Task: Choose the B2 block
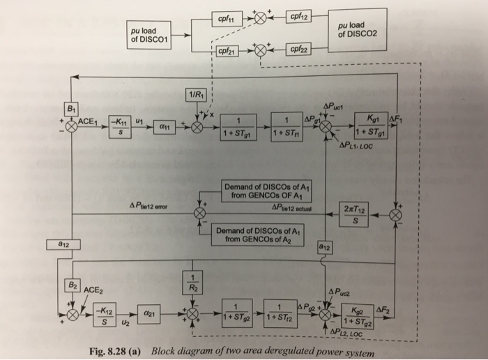click(x=71, y=285)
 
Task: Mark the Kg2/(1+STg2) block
click(x=366, y=315)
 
